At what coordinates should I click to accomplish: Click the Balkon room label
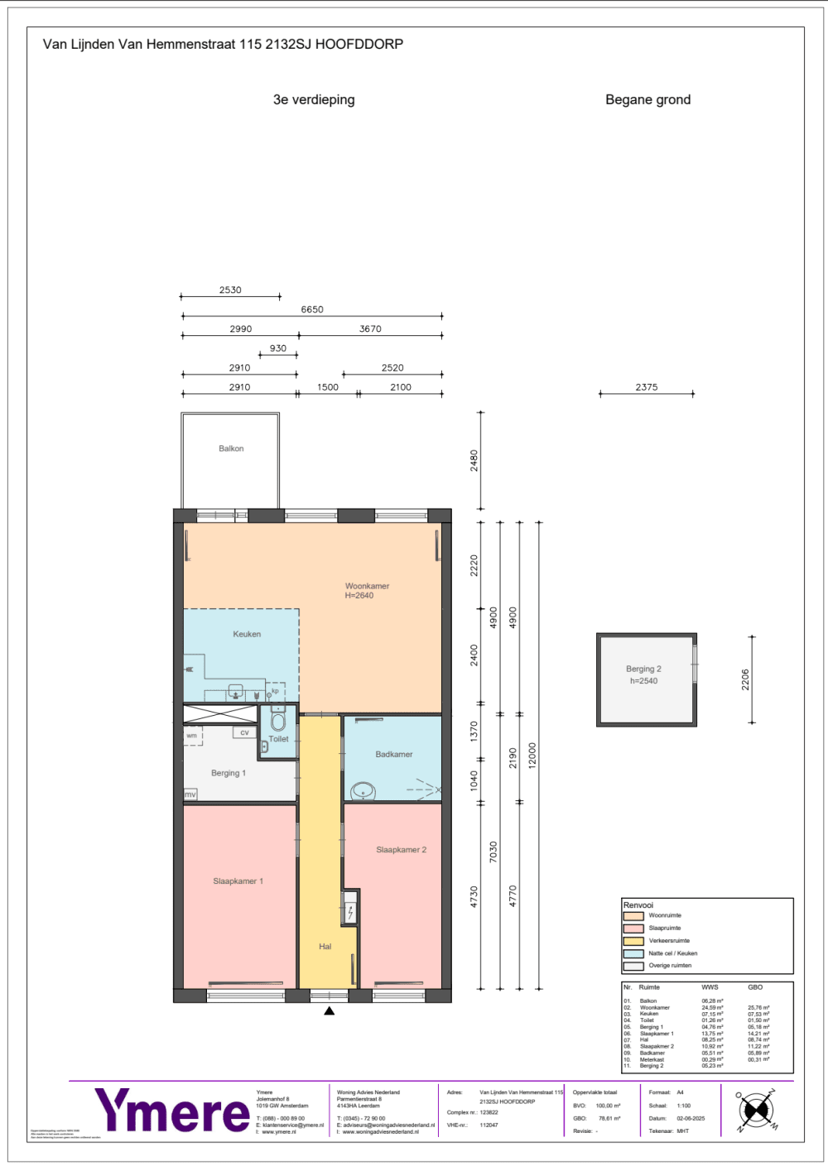231,449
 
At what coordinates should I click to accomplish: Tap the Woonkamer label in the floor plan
367,586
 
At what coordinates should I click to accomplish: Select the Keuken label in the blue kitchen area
247,634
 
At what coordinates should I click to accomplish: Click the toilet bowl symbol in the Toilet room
278,722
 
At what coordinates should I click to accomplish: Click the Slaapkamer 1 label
238,881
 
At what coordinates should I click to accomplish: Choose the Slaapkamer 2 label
401,850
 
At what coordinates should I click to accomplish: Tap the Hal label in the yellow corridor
325,947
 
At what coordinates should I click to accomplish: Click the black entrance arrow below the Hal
329,1010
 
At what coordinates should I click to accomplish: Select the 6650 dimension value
312,310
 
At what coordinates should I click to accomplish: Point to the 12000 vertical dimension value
532,755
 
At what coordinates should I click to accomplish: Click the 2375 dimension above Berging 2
647,386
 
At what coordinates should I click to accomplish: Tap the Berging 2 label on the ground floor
643,669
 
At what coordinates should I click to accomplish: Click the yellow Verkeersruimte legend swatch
633,941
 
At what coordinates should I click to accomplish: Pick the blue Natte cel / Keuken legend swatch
633,953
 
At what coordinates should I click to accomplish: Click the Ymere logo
172,1111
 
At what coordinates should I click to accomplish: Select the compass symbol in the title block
755,1110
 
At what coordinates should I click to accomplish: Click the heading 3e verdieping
314,99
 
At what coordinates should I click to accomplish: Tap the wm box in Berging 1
192,735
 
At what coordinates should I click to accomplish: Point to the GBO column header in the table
755,987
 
